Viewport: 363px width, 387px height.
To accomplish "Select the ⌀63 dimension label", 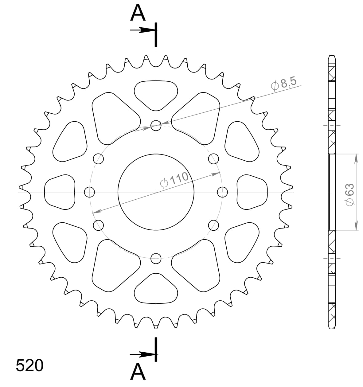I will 349,194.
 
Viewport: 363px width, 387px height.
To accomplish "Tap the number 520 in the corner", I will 29,366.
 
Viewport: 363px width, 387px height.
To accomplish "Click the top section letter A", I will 138,14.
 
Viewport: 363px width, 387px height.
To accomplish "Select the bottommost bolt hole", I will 156,258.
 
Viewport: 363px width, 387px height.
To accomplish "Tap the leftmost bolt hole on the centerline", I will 89,192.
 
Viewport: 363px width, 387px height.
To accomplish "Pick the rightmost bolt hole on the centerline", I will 222,192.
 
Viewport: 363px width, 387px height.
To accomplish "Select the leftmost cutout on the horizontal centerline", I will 60,192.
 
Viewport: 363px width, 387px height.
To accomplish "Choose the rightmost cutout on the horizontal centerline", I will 252,192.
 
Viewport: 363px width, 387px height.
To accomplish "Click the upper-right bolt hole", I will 213,159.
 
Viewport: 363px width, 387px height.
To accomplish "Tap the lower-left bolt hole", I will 98,225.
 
